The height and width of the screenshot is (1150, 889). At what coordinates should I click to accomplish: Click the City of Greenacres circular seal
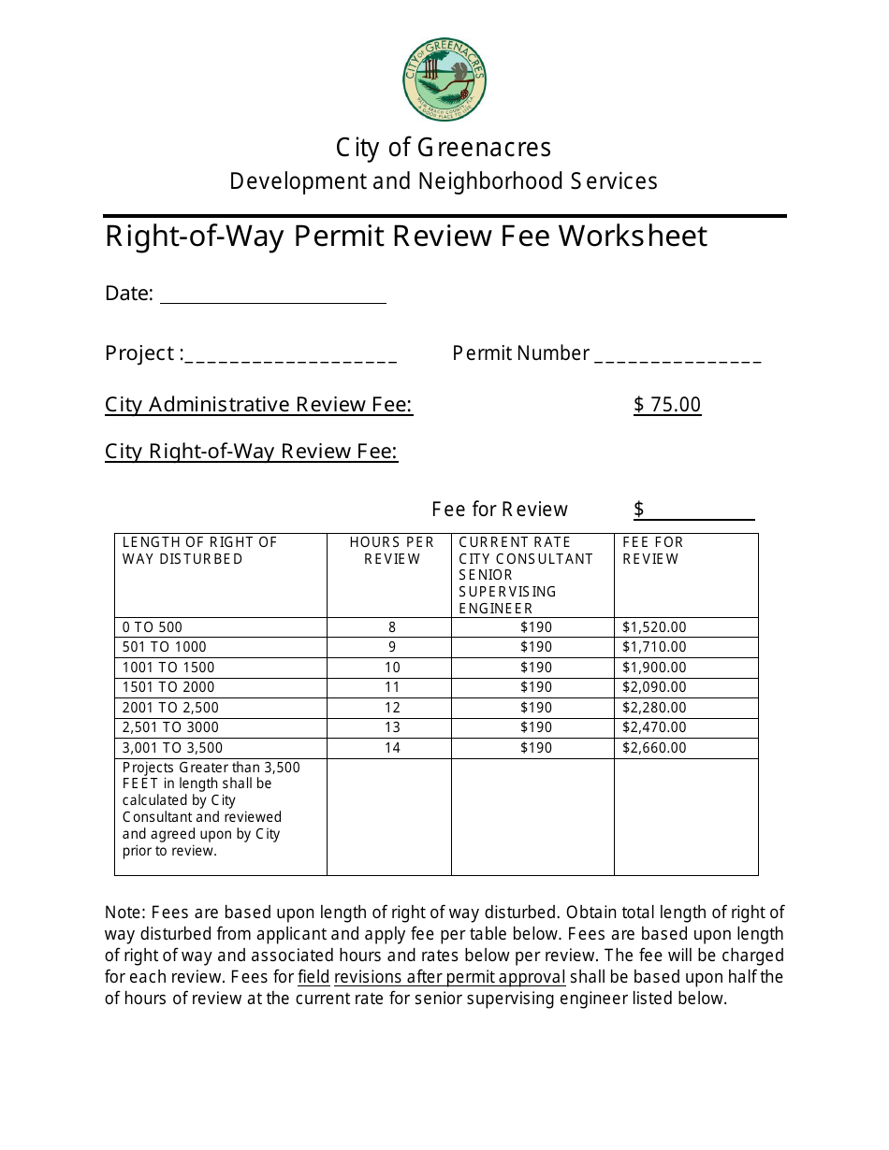tap(444, 80)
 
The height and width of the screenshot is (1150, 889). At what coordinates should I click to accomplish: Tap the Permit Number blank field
tap(678, 356)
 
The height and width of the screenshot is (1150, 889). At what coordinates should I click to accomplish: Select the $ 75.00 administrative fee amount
tap(667, 405)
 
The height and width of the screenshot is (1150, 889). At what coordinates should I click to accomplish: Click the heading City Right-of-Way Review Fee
tap(251, 453)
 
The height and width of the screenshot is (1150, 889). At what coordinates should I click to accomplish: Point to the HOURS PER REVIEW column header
tap(391, 551)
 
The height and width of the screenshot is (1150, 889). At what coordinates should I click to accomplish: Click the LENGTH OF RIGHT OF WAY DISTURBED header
tap(200, 551)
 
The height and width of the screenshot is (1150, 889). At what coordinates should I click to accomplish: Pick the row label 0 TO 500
tap(153, 627)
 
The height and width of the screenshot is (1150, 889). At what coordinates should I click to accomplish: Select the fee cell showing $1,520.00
tap(654, 627)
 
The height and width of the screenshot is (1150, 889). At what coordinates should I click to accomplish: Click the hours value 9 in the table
tap(392, 647)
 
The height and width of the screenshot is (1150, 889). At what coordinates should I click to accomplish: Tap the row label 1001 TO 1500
tap(168, 668)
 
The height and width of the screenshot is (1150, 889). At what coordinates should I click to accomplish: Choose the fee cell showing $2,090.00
tap(654, 687)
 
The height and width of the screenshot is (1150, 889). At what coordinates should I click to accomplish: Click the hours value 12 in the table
tap(392, 708)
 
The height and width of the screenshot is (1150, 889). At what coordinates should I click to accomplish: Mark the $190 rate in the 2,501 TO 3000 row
tap(536, 727)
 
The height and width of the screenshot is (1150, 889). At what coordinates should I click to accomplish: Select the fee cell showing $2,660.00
tap(654, 748)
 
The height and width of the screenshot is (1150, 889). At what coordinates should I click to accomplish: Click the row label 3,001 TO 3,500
tap(173, 748)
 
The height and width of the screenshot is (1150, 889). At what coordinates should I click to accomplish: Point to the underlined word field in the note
tap(313, 977)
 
